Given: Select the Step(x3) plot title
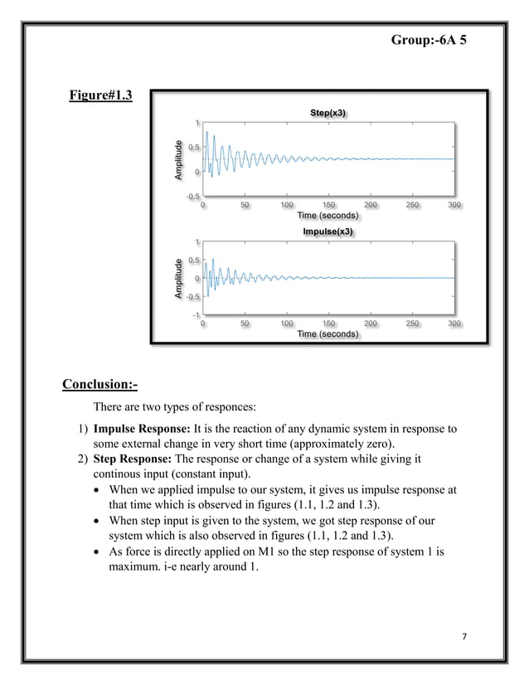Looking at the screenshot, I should click(x=329, y=112).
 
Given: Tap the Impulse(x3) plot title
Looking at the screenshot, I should click(x=328, y=231).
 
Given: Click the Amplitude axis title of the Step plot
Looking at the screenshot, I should click(x=177, y=160).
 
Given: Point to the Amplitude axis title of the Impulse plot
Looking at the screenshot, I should click(x=177, y=279).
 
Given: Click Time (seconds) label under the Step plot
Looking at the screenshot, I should click(x=328, y=216).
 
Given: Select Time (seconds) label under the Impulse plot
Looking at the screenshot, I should click(x=328, y=334).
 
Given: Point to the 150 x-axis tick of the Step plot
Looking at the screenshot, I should click(x=329, y=205).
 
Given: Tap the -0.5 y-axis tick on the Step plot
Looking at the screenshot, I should click(x=192, y=197).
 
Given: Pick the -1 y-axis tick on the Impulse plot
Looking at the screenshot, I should click(x=195, y=314).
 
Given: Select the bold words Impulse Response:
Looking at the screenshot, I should click(x=142, y=430).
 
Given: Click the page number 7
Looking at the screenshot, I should click(x=463, y=635).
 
